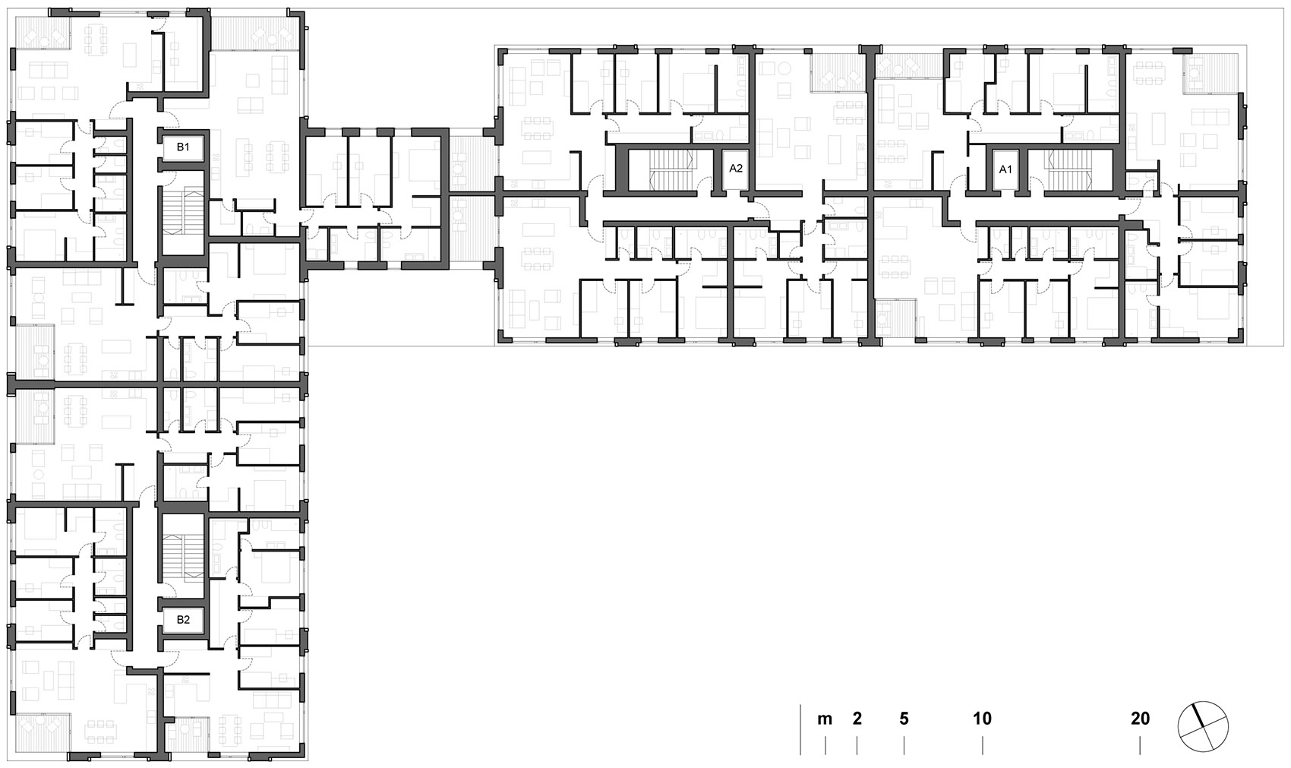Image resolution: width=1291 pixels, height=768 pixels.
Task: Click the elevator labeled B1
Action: tap(183, 147)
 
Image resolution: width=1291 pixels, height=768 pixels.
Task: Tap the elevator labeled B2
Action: tap(183, 620)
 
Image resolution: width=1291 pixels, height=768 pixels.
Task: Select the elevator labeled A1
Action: tap(1005, 169)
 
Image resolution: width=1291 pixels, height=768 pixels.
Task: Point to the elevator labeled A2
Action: tap(735, 169)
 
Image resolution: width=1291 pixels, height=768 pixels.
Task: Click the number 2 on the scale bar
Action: tap(857, 719)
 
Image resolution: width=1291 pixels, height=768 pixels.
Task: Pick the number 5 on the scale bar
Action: tap(904, 719)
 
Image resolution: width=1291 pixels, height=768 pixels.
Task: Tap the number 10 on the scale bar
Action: tap(982, 719)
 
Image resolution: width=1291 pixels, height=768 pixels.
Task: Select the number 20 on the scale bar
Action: tap(1140, 719)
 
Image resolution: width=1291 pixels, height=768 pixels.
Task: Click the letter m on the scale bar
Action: tap(825, 719)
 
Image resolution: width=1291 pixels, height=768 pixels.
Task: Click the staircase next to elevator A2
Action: tap(670, 170)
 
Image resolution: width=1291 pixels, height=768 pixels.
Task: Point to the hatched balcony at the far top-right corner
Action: tap(1211, 73)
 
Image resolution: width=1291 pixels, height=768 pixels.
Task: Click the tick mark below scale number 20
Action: tap(1140, 746)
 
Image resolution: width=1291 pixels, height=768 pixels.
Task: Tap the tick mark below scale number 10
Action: tap(983, 746)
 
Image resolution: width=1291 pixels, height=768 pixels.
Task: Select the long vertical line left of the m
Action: tap(800, 729)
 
